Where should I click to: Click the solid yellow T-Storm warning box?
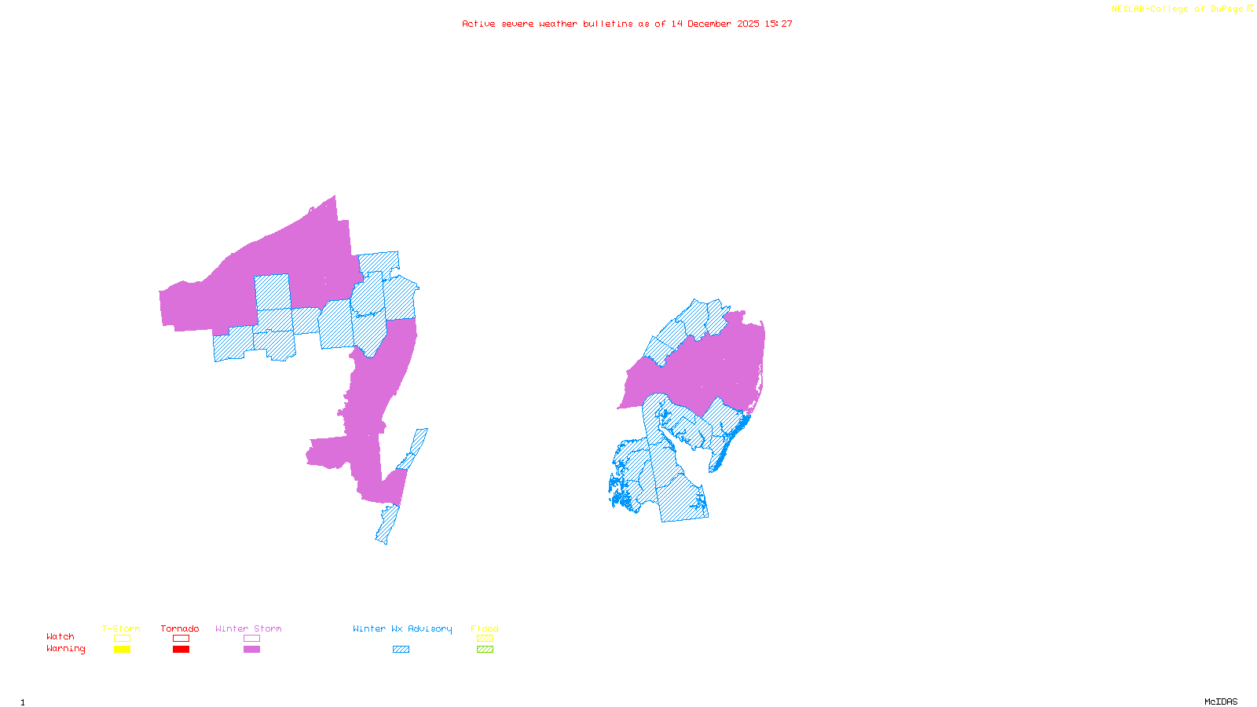point(122,650)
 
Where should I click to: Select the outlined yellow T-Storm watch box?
point(122,639)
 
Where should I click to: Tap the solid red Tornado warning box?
point(181,650)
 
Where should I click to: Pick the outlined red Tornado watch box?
point(181,639)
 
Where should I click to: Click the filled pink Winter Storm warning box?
point(251,650)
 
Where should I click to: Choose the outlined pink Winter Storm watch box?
point(251,639)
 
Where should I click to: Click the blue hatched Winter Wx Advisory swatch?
point(401,650)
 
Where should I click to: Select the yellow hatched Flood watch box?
point(485,639)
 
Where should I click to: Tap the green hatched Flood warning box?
point(485,650)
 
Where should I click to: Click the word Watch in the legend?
point(60,637)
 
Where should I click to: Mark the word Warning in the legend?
point(65,649)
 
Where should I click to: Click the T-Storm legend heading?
point(121,628)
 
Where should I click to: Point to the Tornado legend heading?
point(180,628)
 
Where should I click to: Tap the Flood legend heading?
point(485,628)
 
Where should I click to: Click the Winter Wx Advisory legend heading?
point(402,628)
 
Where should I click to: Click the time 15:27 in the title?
point(779,24)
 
